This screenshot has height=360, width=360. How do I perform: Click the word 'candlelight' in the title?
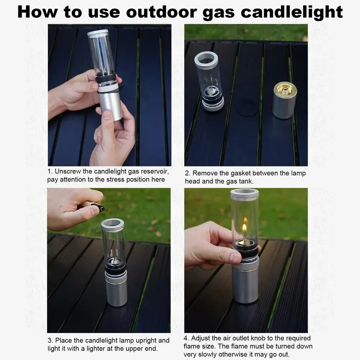[x=291, y=12]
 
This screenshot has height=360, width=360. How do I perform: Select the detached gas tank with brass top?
[x=284, y=101]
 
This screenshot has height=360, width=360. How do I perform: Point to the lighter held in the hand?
[x=93, y=206]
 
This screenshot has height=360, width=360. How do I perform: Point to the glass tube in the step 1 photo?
[x=101, y=52]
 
